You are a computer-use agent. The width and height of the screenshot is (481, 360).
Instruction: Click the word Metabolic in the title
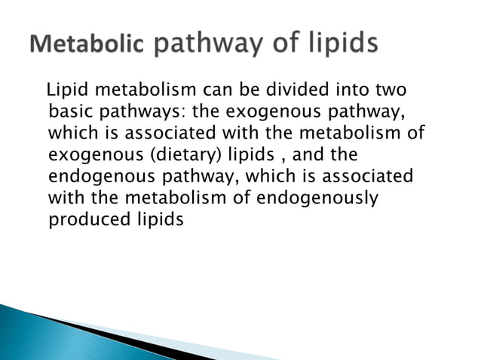tap(87, 45)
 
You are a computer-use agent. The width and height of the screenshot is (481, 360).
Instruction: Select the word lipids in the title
tap(338, 45)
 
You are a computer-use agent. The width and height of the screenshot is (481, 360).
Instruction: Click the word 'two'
tap(390, 91)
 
